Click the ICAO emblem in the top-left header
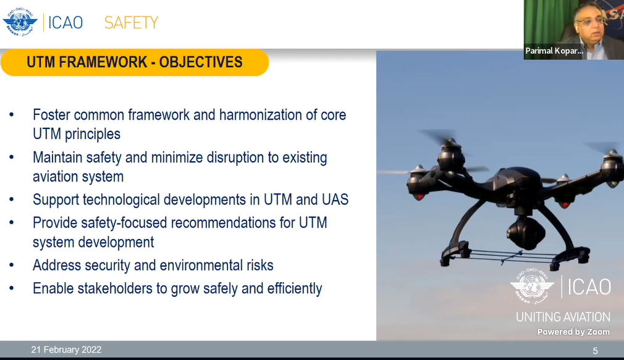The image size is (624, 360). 20,22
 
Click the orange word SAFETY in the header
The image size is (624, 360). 132,23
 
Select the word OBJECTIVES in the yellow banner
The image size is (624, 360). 201,62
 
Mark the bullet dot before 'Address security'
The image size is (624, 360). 12,266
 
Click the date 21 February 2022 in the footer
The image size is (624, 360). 67,350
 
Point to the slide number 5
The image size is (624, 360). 596,351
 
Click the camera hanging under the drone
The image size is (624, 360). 526,233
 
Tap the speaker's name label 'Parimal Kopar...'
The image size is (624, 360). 554,51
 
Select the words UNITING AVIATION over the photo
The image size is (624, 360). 563,317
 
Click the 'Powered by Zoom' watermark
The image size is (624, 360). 573,332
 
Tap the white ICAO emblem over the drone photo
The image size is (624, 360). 532,285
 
